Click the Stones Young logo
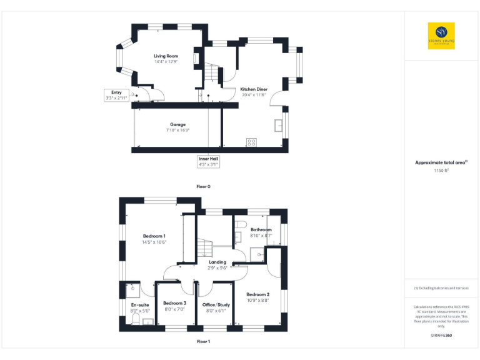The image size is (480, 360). (x=441, y=36)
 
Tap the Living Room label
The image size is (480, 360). (x=166, y=56)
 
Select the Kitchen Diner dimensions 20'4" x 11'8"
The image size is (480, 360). (x=254, y=95)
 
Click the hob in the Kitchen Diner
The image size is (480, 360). (x=251, y=142)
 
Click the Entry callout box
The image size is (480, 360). (x=116, y=96)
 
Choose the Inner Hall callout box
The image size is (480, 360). (x=208, y=161)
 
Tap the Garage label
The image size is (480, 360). (x=177, y=124)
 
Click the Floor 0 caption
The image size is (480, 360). (x=203, y=187)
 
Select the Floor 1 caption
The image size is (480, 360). (x=203, y=342)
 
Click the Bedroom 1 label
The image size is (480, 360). (x=153, y=236)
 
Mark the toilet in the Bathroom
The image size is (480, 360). (x=245, y=224)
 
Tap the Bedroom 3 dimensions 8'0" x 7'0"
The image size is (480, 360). (x=176, y=309)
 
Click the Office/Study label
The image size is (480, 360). (x=217, y=304)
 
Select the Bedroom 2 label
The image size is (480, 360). (x=257, y=294)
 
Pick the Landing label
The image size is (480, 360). (x=217, y=262)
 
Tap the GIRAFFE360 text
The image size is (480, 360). (x=441, y=336)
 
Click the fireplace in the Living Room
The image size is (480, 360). (x=196, y=58)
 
